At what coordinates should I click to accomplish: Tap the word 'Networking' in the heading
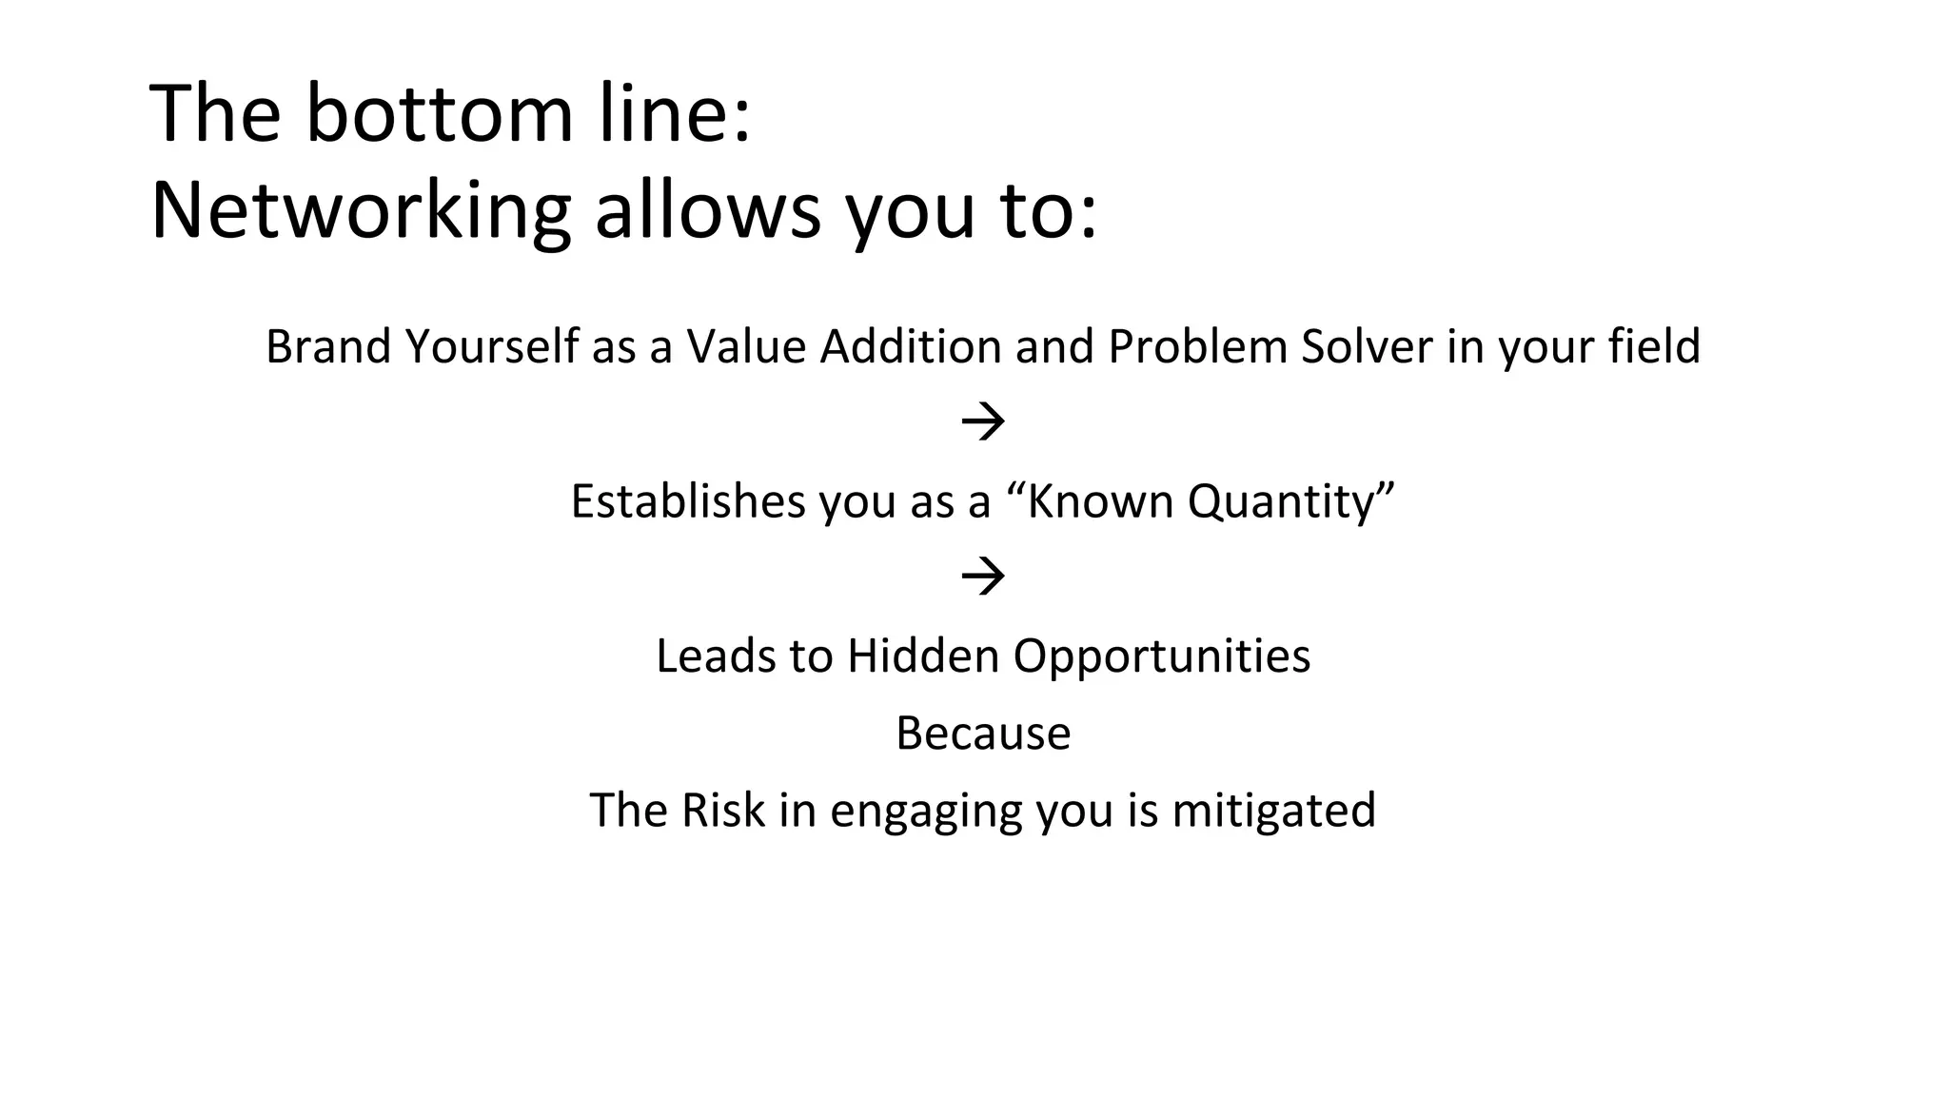pyautogui.click(x=361, y=211)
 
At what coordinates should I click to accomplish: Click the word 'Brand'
pyautogui.click(x=327, y=346)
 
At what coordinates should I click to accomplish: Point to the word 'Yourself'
pyautogui.click(x=491, y=346)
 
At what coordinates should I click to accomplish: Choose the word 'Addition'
pyautogui.click(x=910, y=346)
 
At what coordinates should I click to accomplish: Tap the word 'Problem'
pyautogui.click(x=1197, y=346)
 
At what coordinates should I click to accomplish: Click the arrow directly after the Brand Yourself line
pyautogui.click(x=983, y=421)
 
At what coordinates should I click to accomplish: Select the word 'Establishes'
pyautogui.click(x=687, y=501)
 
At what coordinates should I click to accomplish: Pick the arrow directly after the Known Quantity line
pyautogui.click(x=983, y=577)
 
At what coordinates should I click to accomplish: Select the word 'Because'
pyautogui.click(x=983, y=734)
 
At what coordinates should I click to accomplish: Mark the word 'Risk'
pyautogui.click(x=722, y=811)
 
